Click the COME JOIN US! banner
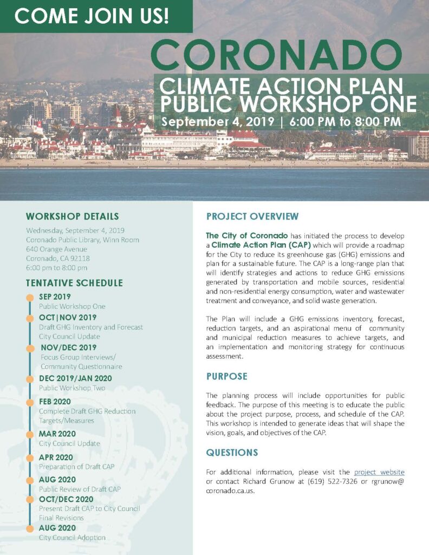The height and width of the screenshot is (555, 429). pos(92,16)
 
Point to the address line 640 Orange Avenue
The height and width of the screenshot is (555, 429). pos(56,249)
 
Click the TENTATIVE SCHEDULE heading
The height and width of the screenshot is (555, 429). pos(74,283)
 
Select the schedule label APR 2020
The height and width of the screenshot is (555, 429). pos(56,457)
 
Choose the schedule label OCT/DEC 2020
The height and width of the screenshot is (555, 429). pos(66,499)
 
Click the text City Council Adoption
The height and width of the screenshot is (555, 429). pos(72,538)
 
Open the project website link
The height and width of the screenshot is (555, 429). pos(379,472)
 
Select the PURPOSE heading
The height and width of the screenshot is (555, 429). pos(226,376)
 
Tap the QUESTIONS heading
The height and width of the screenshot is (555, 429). pos(232,453)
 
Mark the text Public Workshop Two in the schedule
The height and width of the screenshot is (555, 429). pos(72,388)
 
